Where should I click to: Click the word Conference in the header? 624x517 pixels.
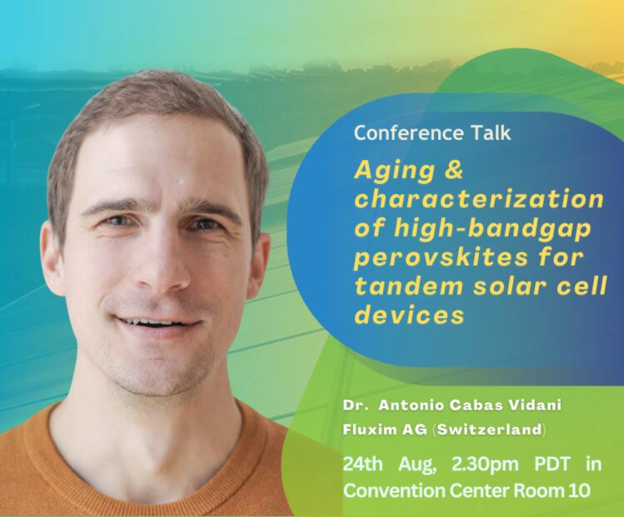(409, 133)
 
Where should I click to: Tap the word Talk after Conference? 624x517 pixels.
(491, 133)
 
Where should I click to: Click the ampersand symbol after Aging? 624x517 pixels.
(453, 170)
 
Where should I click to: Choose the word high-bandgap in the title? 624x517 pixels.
(492, 229)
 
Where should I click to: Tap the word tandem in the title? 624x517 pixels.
(409, 286)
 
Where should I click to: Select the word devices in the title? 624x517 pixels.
(410, 315)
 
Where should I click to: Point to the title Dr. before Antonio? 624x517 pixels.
(352, 405)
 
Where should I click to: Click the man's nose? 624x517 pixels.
(162, 262)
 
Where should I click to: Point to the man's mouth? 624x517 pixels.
(157, 323)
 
